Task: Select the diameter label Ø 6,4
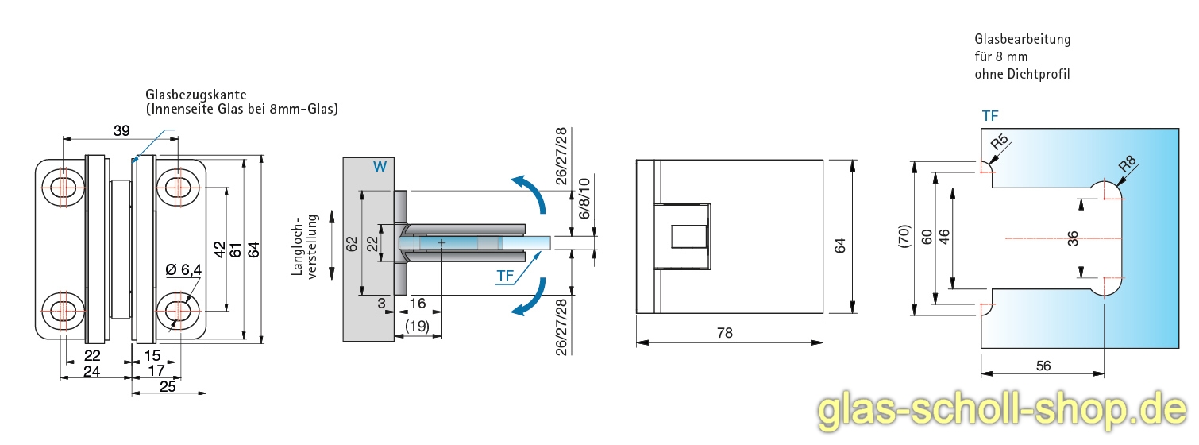183,270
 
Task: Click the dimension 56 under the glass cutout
1043,365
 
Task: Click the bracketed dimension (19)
418,325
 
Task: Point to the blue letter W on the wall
380,167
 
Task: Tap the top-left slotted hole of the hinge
64,188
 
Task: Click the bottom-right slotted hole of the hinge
175,306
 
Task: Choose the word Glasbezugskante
191,95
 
